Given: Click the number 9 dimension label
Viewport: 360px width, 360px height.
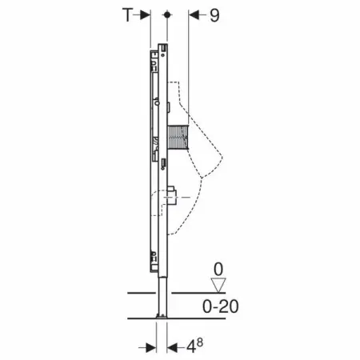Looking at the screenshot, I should pyautogui.click(x=214, y=15).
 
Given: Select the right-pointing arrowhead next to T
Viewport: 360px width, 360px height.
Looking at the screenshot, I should pyautogui.click(x=145, y=15).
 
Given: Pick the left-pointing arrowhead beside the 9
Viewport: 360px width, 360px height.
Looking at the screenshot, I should pyautogui.click(x=192, y=15).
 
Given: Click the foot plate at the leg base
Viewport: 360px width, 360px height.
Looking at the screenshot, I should pyautogui.click(x=162, y=318).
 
